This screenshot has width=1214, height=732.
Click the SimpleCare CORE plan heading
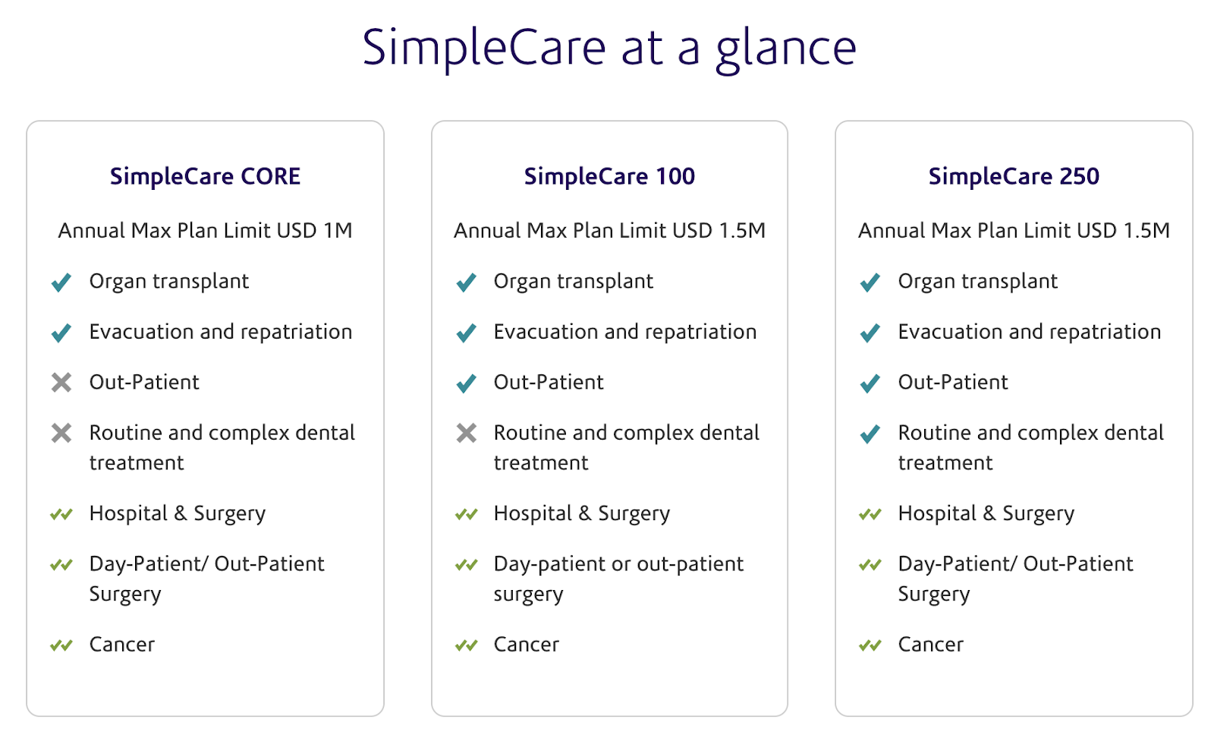tap(205, 177)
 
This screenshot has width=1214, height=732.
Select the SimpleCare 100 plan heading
tap(609, 177)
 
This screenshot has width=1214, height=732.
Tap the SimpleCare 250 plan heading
tap(1014, 177)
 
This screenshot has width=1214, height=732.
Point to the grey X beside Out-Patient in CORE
tap(61, 382)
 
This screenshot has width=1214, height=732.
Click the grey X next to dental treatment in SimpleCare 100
tap(466, 433)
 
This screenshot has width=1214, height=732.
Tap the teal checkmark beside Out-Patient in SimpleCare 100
tap(466, 383)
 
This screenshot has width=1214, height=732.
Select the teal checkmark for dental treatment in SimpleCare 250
tap(870, 434)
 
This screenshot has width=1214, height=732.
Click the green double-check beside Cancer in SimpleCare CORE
tap(61, 645)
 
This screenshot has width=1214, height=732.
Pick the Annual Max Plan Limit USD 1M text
tap(205, 231)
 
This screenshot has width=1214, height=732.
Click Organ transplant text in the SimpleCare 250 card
tap(978, 282)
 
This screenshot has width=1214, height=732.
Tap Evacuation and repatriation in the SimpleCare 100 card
tap(625, 332)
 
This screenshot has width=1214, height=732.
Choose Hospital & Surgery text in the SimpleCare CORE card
tap(178, 514)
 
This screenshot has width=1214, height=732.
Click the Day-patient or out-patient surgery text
tap(618, 579)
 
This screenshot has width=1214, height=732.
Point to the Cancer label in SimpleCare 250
tap(930, 645)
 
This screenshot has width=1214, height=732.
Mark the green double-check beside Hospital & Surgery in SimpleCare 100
tap(466, 514)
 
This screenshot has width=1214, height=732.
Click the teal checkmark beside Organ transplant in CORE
tap(61, 282)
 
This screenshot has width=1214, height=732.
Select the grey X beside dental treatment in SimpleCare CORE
tap(61, 433)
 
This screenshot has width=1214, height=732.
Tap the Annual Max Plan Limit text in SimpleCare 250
tap(1014, 231)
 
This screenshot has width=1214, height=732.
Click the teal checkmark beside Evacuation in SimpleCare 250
tap(870, 333)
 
